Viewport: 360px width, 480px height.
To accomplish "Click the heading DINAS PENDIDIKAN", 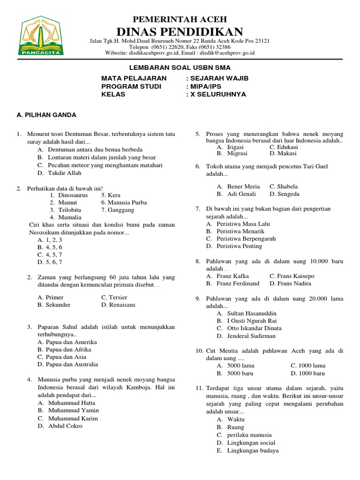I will pos(180,32).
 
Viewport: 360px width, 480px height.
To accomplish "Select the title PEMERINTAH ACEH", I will pos(180,19).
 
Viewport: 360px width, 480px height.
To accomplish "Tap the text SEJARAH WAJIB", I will pos(220,78).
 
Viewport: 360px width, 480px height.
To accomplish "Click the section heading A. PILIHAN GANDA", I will pos(46,115).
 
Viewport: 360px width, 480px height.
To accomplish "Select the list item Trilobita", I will pos(70,210).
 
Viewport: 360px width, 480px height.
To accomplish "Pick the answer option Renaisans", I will pos(121,305).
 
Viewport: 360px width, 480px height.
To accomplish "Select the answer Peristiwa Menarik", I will pos(240,231).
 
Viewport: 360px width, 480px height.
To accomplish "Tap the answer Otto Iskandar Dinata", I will pos(255,328).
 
